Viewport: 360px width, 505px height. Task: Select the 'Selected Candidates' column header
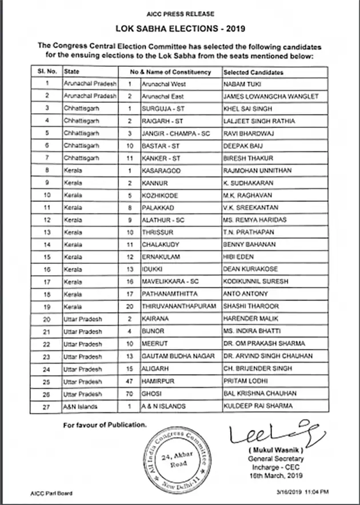tap(253, 73)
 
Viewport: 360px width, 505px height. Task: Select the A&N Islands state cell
tap(81, 406)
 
